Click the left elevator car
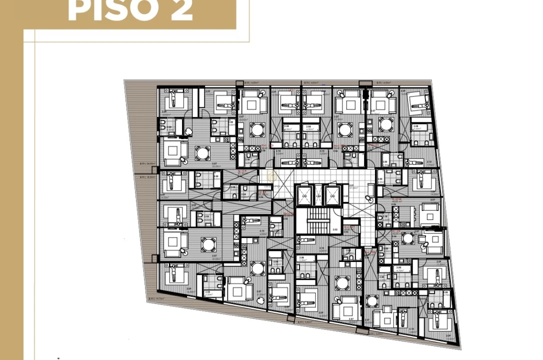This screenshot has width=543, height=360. click(304, 195)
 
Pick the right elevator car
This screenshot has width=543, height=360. click(332, 195)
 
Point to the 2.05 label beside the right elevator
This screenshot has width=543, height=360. click(346, 196)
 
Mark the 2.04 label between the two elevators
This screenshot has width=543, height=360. click(318, 196)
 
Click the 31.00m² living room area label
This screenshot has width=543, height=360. click(260, 294)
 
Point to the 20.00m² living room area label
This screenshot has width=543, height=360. click(368, 322)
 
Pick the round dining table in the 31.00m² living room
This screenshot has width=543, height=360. click(258, 268)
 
